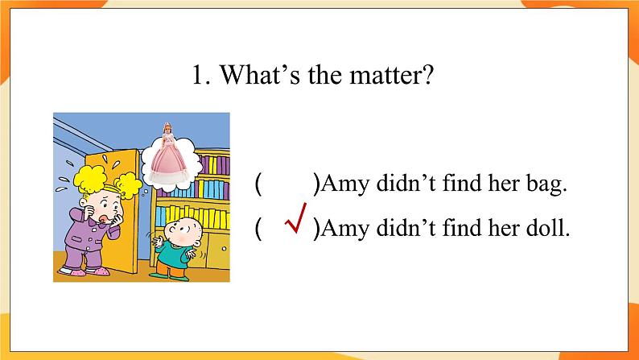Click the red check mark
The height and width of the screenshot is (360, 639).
(x=296, y=221)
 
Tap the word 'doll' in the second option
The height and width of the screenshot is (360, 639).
(x=550, y=229)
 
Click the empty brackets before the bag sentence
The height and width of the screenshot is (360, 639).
(x=287, y=184)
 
